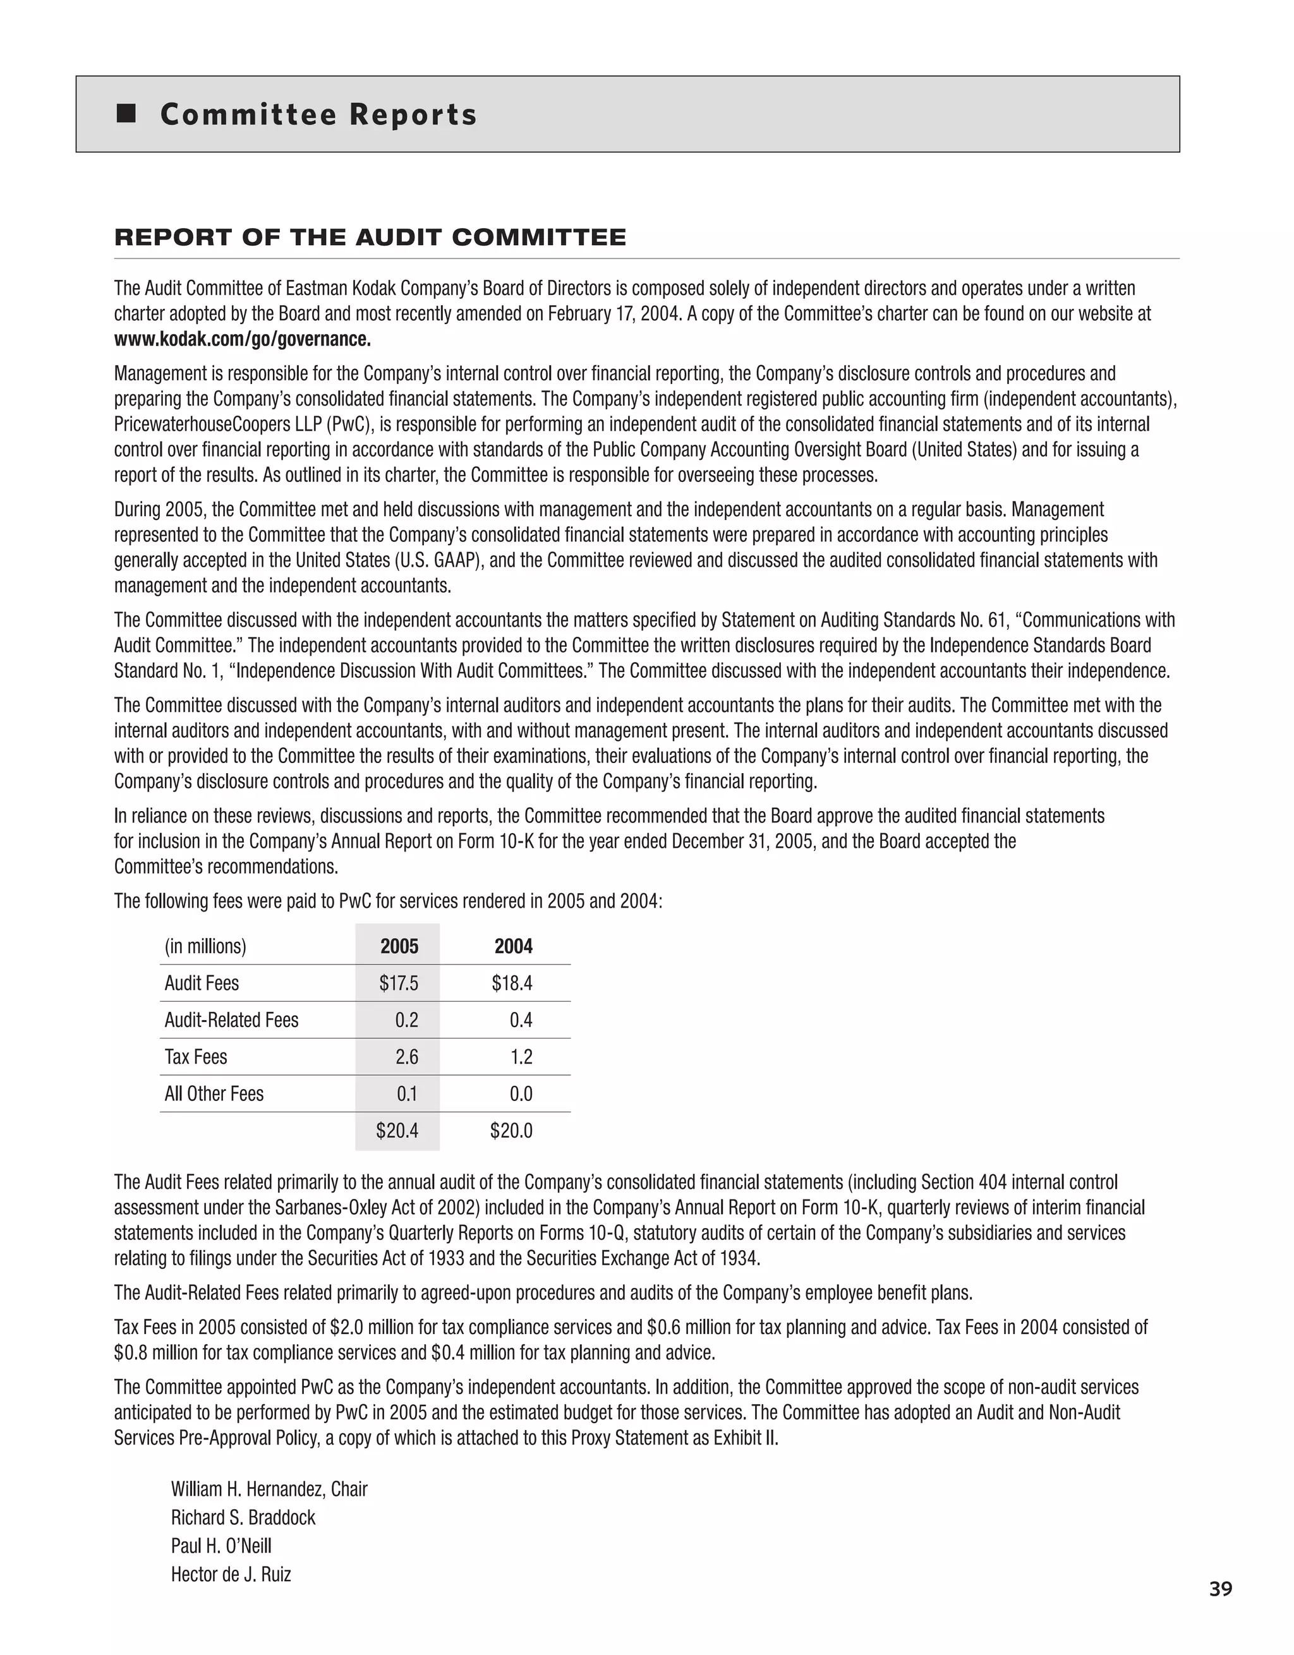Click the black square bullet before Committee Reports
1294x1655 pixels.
click(x=126, y=114)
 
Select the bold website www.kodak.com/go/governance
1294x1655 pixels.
click(x=243, y=339)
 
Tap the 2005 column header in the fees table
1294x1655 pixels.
click(x=399, y=946)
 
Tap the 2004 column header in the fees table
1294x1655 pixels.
click(x=513, y=946)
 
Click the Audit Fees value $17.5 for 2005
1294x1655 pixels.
click(x=399, y=983)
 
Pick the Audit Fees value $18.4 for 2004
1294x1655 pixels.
click(x=512, y=983)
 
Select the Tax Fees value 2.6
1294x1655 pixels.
click(x=406, y=1056)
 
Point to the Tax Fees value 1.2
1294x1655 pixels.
click(x=521, y=1056)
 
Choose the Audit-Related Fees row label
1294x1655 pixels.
click(x=231, y=1020)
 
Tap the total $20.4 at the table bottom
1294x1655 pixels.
click(x=397, y=1131)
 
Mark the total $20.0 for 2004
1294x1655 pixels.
click(x=511, y=1131)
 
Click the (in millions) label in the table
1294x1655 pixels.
click(x=205, y=946)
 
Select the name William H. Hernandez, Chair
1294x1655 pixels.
click(x=269, y=1489)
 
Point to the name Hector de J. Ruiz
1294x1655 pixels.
click(x=231, y=1574)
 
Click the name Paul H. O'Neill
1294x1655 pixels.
click(x=221, y=1546)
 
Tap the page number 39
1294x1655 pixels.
click(x=1221, y=1610)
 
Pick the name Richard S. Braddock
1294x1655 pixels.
click(x=243, y=1517)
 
